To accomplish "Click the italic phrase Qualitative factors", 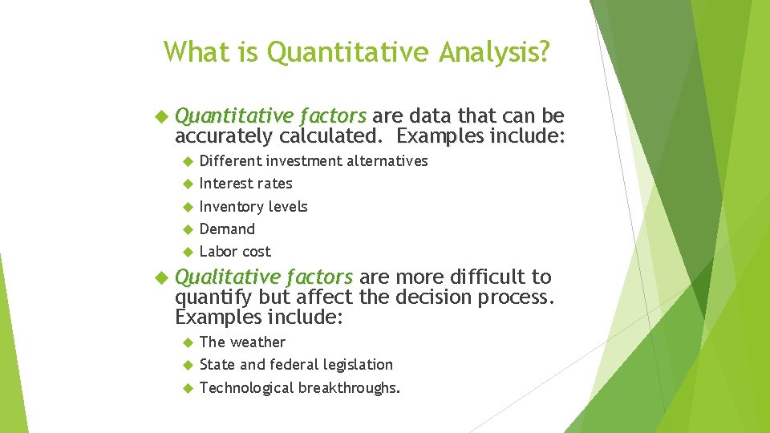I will point(263,277).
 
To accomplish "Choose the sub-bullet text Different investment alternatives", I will point(313,161).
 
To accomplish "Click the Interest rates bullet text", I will point(245,184).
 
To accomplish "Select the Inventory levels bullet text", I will point(253,207).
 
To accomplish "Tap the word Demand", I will point(227,229).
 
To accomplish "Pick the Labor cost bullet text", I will point(235,252).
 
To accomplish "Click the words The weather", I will point(242,342).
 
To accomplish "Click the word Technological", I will point(246,388).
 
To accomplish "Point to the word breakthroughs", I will point(349,388).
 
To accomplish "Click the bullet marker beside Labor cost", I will point(187,252).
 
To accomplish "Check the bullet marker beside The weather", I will point(187,342).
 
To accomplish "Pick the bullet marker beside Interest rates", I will point(187,184).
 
